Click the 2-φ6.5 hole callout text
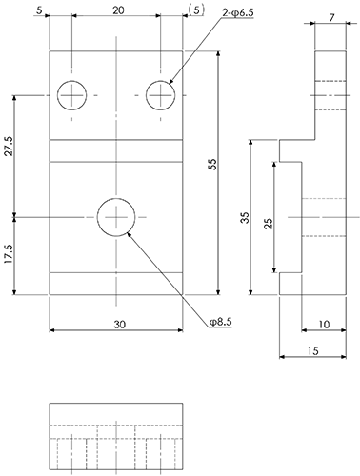pos(238,13)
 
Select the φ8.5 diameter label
pos(221,322)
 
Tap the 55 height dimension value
pos(213,165)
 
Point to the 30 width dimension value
pos(120,325)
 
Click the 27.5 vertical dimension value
pos(9,146)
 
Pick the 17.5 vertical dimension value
pos(9,253)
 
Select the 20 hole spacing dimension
pos(118,10)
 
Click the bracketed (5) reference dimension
pos(196,10)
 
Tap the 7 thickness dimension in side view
pos(331,18)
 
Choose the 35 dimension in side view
pos(246,218)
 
